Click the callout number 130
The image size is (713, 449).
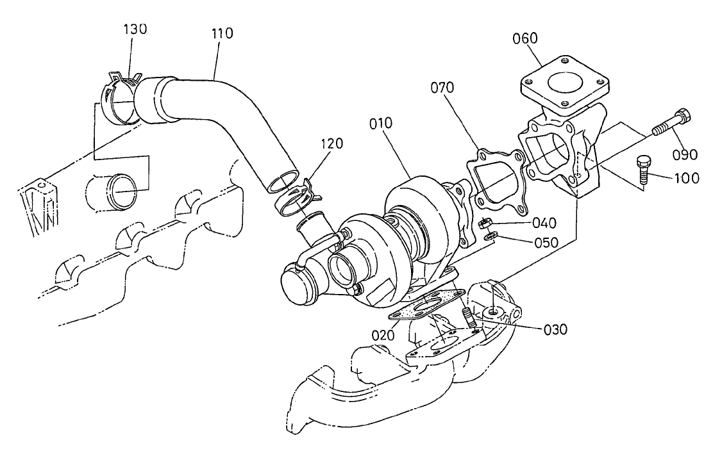click(x=135, y=29)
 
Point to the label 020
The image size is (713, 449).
click(x=383, y=334)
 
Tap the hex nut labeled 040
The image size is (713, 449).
click(x=485, y=224)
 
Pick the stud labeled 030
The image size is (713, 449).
click(x=466, y=318)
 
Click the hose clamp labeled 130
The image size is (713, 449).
click(x=121, y=99)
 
